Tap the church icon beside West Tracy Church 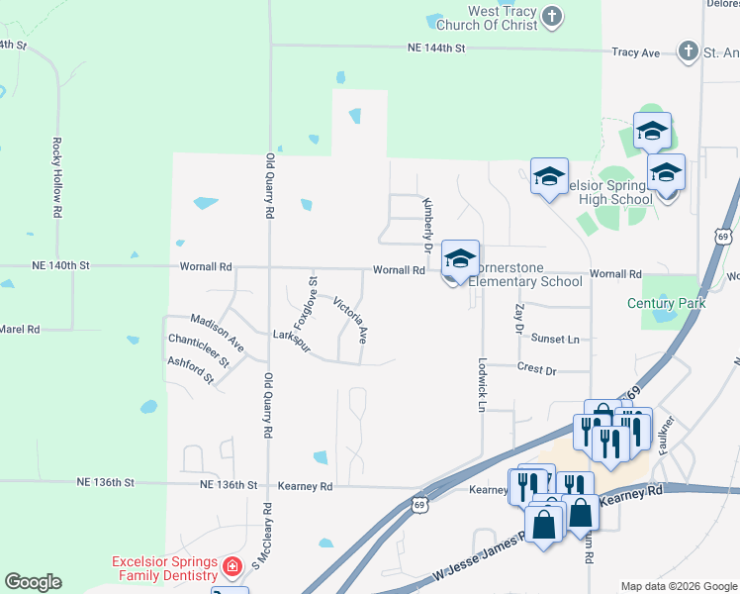point(552,17)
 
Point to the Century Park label point(666,303)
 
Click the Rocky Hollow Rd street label point(57,177)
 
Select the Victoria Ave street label point(351,320)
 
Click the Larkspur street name point(292,336)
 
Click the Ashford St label point(191,370)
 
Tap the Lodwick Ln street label point(483,384)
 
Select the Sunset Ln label point(555,339)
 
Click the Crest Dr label point(536,368)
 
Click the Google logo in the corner point(34,582)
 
